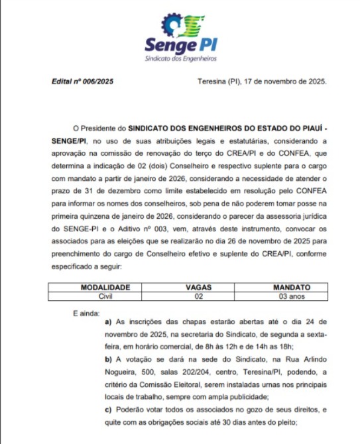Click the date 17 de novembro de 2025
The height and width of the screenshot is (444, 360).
[x=286, y=82]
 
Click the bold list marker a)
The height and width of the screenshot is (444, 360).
[x=109, y=321]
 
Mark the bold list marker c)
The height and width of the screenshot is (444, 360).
[x=109, y=410]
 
